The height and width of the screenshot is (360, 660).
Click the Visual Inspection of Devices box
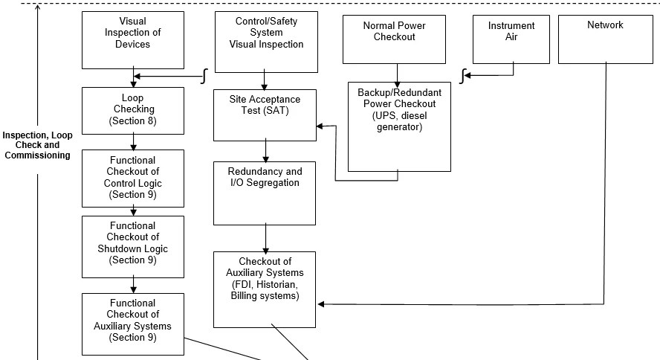pyautogui.click(x=133, y=39)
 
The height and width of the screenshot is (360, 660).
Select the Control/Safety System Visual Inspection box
pyautogui.click(x=265, y=41)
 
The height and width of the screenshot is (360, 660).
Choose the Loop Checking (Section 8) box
pyautogui.click(x=133, y=111)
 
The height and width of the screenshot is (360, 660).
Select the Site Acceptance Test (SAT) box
pyautogui.click(x=265, y=115)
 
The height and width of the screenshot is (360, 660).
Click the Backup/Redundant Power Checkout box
pyautogui.click(x=399, y=126)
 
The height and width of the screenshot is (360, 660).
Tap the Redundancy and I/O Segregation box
pyautogui.click(x=265, y=193)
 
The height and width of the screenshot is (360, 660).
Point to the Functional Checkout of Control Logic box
pyautogui.click(x=133, y=178)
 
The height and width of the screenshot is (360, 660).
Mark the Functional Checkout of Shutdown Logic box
pyautogui.click(x=133, y=245)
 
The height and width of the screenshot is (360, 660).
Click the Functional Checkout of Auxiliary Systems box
pyautogui.click(x=133, y=322)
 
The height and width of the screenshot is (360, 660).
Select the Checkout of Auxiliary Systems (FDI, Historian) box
pyautogui.click(x=265, y=289)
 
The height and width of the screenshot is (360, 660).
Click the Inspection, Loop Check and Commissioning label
pyautogui.click(x=37, y=146)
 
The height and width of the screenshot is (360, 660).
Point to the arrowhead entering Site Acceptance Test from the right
pyautogui.click(x=321, y=126)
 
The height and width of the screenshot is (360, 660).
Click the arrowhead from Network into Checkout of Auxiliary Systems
pyautogui.click(x=322, y=303)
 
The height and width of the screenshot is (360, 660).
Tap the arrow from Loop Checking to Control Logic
pyautogui.click(x=133, y=142)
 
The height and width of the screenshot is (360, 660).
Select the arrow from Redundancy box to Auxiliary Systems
pyautogui.click(x=265, y=239)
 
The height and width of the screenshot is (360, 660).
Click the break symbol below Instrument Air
pyautogui.click(x=462, y=75)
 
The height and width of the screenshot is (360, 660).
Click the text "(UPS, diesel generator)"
pyautogui.click(x=399, y=121)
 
